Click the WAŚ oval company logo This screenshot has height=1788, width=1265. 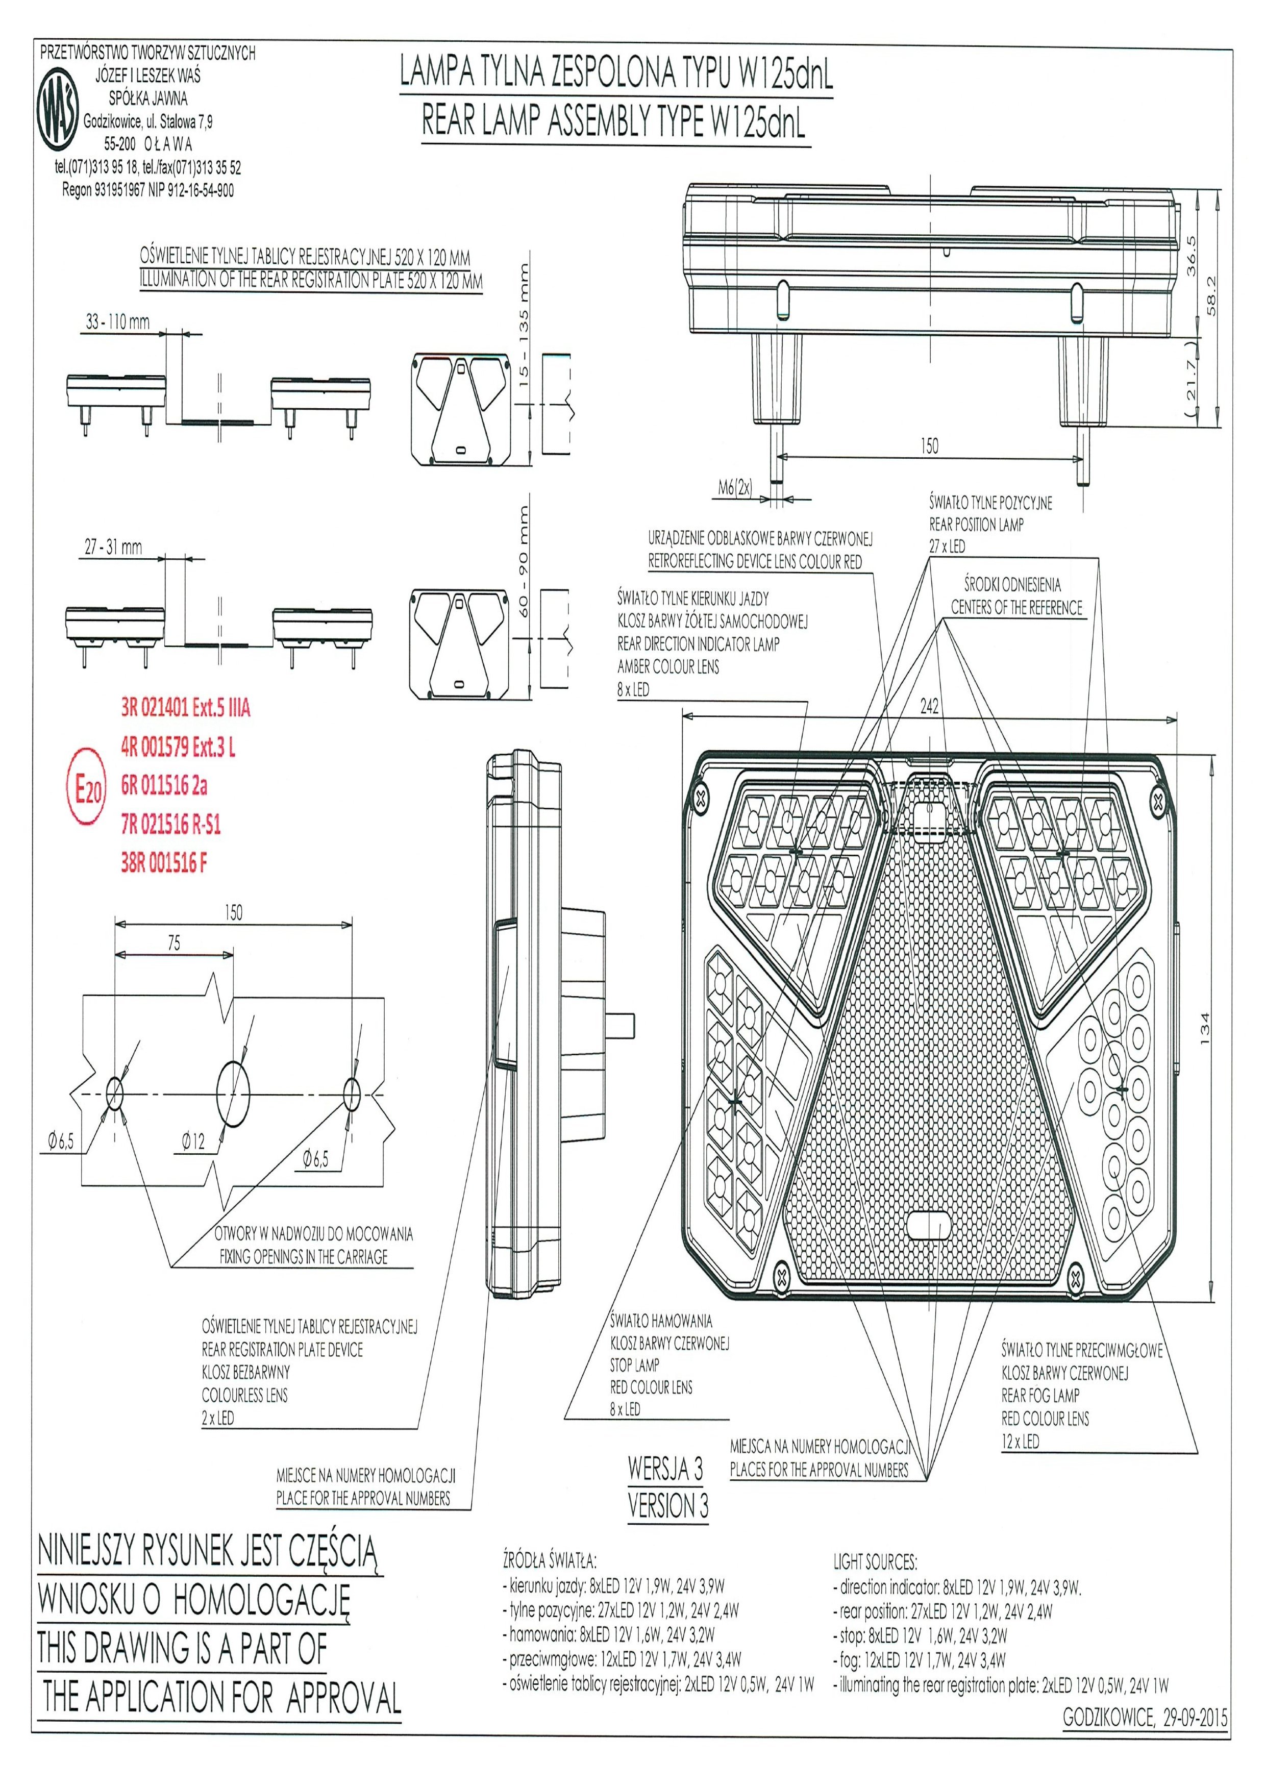click(59, 111)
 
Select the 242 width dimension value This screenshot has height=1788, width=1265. click(929, 706)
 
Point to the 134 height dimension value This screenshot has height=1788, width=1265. click(1205, 1028)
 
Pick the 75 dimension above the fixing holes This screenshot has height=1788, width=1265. click(173, 943)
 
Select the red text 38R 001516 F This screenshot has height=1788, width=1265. click(164, 863)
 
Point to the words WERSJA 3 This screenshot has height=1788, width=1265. click(665, 1469)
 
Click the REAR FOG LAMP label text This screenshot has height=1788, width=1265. click(1040, 1396)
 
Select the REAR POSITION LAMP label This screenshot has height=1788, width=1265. click(976, 525)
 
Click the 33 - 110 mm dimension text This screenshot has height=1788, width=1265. click(117, 321)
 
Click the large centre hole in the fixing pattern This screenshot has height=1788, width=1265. click(233, 1094)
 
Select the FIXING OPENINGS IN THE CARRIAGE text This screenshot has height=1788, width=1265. click(303, 1256)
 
